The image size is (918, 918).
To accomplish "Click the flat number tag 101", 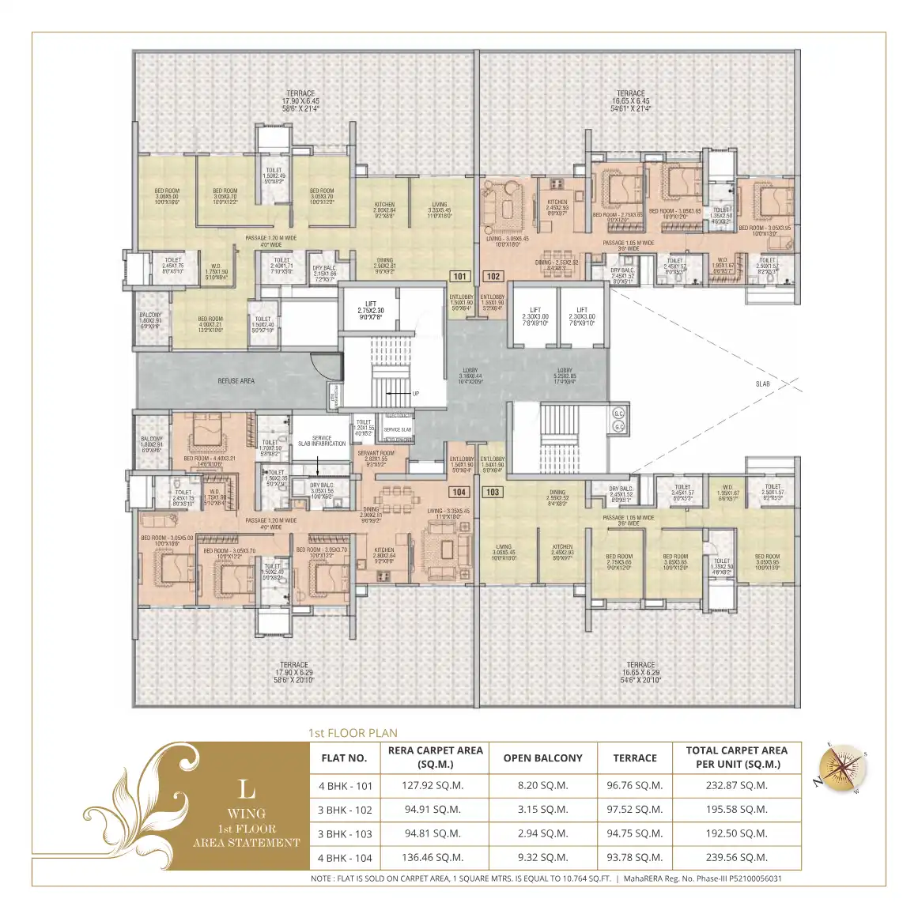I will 459,277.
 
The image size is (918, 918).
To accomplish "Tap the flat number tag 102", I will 493,277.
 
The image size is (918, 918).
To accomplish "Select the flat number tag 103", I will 493,492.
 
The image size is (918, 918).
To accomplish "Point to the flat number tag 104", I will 459,492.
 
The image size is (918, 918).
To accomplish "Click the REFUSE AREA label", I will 236,381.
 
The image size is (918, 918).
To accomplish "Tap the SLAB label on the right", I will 762,384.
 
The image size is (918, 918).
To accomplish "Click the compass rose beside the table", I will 842,766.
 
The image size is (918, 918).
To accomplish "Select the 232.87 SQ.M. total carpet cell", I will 736,786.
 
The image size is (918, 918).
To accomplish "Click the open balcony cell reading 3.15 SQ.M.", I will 542,810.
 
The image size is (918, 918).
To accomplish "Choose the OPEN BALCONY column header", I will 542,758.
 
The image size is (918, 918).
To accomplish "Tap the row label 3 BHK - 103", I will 345,834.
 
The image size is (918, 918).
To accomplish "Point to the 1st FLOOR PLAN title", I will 353,733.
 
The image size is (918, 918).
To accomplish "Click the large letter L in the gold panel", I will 247,789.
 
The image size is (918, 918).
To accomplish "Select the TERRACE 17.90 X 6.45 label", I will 300,101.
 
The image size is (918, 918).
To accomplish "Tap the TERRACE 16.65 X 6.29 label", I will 640,672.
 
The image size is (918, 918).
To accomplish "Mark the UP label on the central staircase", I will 416,394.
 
